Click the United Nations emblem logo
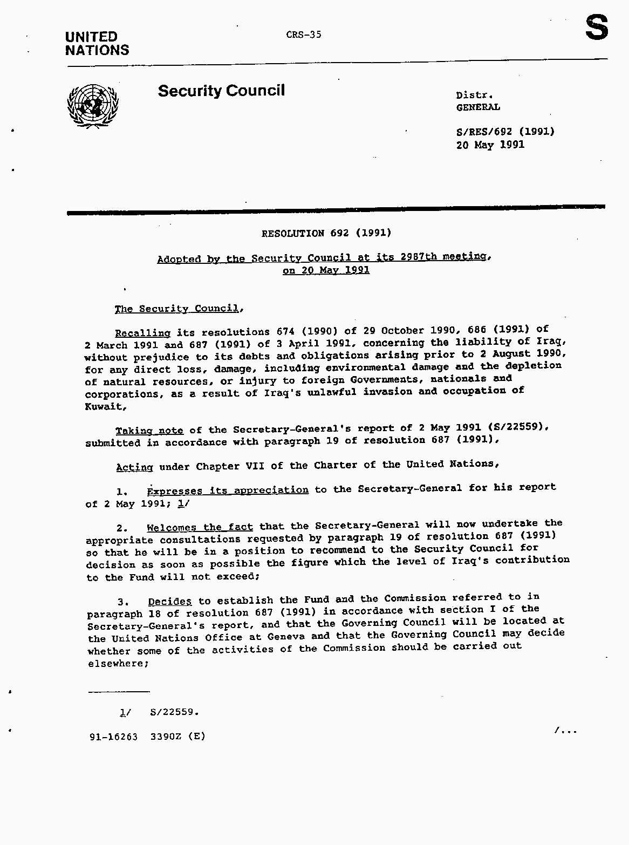pos(93,106)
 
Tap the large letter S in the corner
pos(597,28)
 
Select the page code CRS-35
pos(304,35)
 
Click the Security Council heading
pos(221,91)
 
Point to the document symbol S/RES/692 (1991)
pos(505,132)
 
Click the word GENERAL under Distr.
pos(478,107)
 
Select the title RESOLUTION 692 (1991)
pos(326,233)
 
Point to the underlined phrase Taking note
pos(149,431)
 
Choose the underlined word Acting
pos(135,467)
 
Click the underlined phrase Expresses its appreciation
pos(228,490)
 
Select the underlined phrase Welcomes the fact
pos(200,527)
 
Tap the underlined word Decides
pos(170,601)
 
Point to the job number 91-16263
pos(114,737)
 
